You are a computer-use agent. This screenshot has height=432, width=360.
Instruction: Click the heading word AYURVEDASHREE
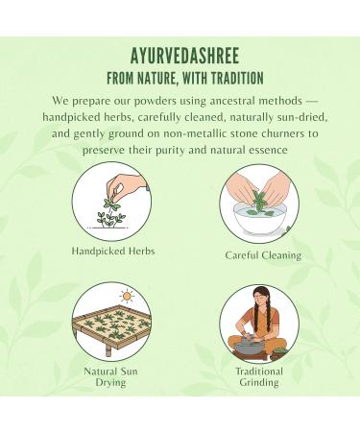tap(180, 55)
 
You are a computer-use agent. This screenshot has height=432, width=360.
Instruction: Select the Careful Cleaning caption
tap(262, 255)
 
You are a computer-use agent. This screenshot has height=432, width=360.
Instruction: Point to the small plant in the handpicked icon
tap(113, 215)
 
